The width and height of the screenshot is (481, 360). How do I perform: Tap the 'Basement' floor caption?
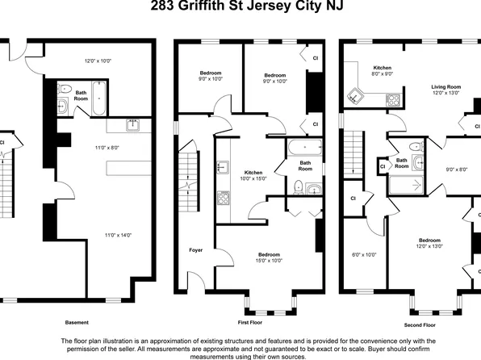click(77, 321)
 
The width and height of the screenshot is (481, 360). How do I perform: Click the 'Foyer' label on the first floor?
click(195, 249)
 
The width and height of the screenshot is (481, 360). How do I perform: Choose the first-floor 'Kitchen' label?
click(253, 172)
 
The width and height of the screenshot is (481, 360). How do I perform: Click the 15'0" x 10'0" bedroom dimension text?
click(269, 260)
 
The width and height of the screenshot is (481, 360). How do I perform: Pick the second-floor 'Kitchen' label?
click(382, 68)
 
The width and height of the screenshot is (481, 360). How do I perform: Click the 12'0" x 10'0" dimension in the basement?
click(97, 61)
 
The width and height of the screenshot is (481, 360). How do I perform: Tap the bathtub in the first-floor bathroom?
click(303, 149)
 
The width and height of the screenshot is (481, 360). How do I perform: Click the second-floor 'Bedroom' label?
click(429, 240)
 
